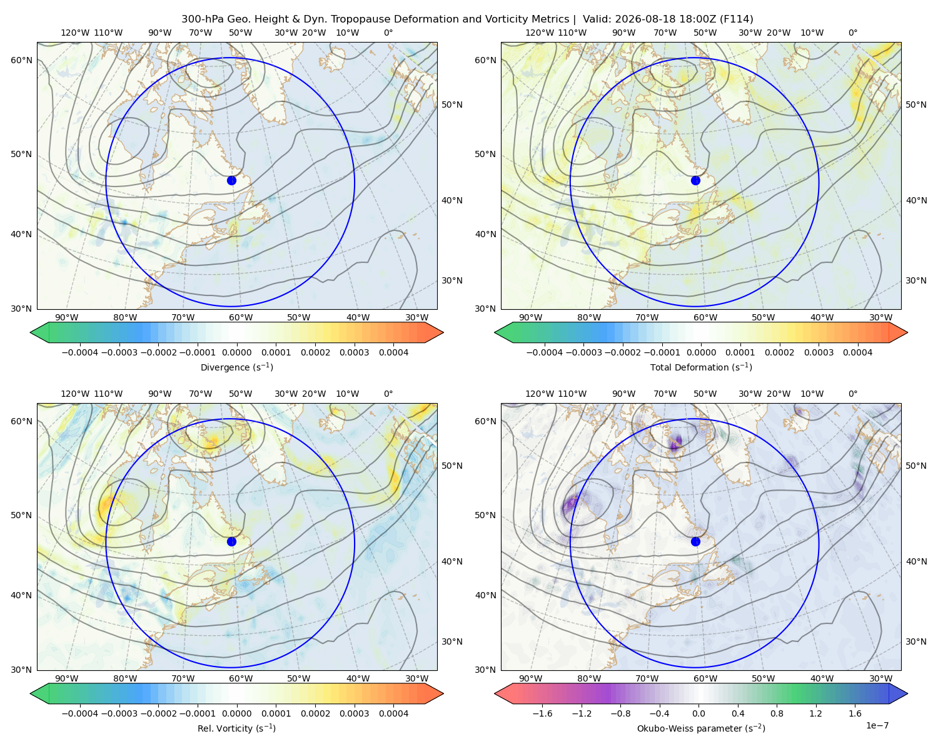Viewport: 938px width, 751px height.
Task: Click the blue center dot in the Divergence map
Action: [x=231, y=180]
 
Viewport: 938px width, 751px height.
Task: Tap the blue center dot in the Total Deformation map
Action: [x=695, y=180]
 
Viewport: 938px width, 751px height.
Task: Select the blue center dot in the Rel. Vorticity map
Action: [x=231, y=541]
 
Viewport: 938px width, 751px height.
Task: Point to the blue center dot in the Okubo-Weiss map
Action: [x=695, y=541]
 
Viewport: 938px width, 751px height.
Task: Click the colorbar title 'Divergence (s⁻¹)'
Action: [x=236, y=367]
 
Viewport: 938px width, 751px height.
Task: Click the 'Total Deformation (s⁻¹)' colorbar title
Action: [x=701, y=367]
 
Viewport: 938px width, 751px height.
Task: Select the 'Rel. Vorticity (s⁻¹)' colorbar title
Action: [x=236, y=728]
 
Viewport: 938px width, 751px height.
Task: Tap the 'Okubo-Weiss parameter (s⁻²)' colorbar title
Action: [x=701, y=728]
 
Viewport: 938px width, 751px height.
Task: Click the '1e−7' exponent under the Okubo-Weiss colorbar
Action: [x=877, y=725]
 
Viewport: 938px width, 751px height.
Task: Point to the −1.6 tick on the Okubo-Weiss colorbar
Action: [x=542, y=713]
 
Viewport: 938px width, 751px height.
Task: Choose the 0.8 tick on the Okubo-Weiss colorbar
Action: [x=777, y=713]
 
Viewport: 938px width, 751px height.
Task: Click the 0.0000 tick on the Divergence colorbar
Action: [x=236, y=352]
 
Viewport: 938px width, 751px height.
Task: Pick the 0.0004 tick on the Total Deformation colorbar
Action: [x=857, y=352]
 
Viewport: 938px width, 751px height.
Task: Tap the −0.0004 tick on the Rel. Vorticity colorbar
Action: [x=80, y=713]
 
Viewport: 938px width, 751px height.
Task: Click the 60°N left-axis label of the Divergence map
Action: [x=21, y=60]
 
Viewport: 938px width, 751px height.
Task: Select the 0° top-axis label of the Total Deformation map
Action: [x=852, y=33]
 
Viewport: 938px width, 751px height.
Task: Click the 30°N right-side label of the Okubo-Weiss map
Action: [x=915, y=641]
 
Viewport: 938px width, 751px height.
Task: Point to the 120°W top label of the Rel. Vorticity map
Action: [x=75, y=393]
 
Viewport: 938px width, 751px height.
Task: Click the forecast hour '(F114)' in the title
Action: [x=736, y=19]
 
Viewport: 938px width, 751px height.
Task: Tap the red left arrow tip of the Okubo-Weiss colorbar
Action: [x=495, y=693]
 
